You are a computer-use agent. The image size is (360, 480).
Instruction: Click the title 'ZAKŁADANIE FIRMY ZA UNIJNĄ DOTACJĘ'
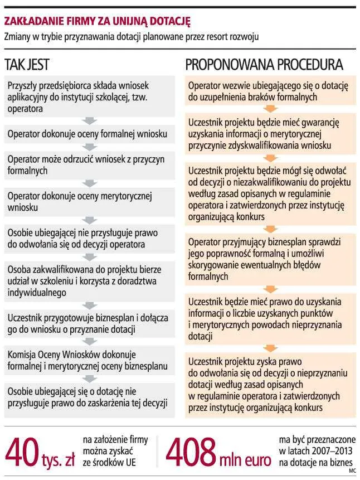coord(97,22)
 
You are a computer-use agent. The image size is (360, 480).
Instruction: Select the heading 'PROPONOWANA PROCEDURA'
coord(264,64)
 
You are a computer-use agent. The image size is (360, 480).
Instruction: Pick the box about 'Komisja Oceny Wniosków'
coord(87,361)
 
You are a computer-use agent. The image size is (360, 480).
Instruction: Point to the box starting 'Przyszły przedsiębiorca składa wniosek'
coord(87,97)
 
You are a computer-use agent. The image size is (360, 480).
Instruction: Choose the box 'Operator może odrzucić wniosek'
coord(87,165)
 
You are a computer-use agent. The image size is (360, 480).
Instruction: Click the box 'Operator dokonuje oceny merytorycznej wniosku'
coord(87,201)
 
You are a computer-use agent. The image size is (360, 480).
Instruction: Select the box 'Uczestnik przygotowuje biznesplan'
coord(87,323)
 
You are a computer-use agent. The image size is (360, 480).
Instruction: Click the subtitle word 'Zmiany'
coord(18,37)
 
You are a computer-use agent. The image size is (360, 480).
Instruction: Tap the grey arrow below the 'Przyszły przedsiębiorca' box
coord(87,120)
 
